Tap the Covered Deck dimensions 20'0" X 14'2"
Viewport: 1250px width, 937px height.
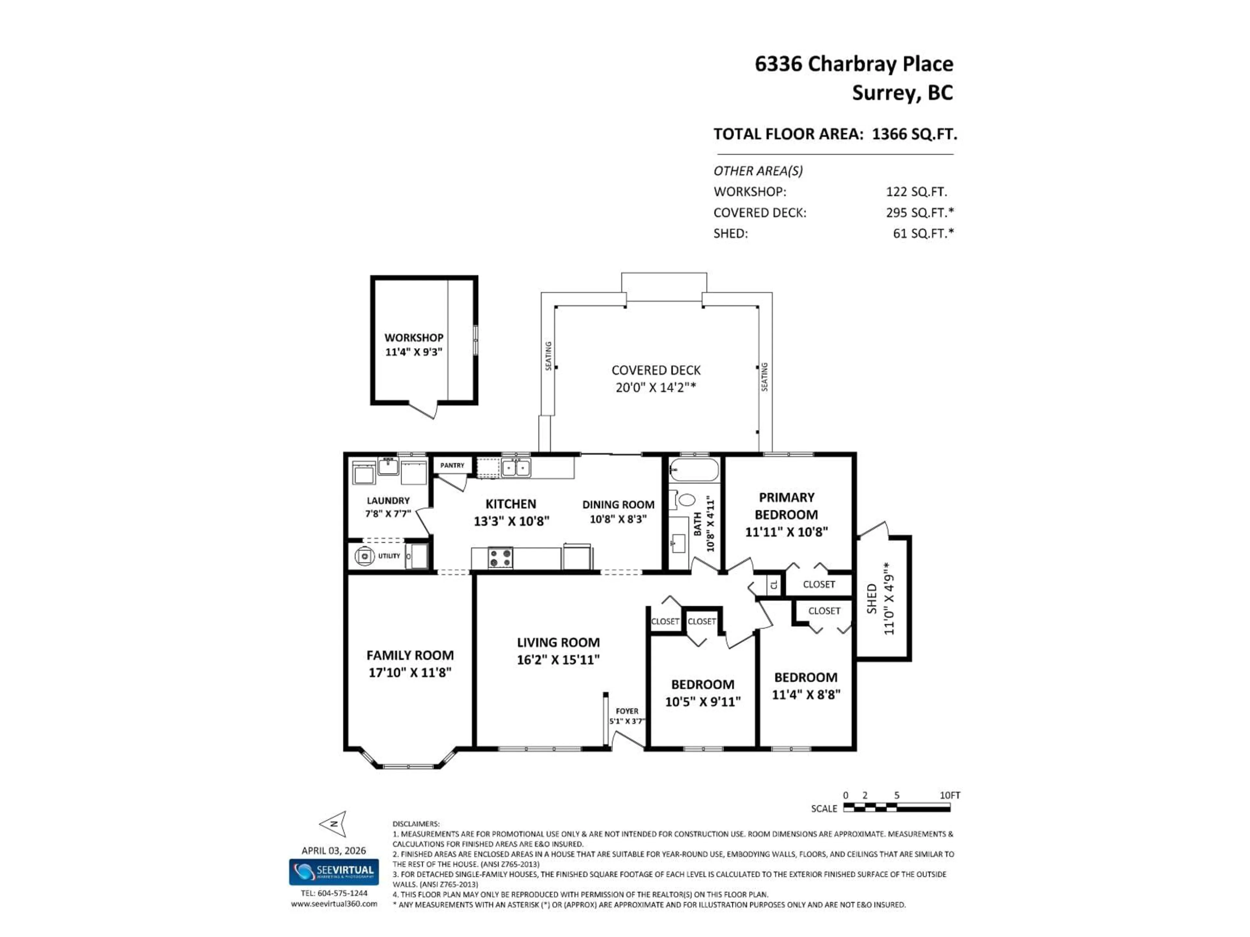[x=656, y=387]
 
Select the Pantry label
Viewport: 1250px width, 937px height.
[x=452, y=465]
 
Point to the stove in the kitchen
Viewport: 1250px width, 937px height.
[x=500, y=557]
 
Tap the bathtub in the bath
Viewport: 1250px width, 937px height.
[x=694, y=470]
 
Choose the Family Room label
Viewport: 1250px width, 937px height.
[x=410, y=655]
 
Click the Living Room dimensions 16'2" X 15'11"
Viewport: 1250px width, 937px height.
[x=558, y=660]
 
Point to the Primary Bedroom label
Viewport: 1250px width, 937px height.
[x=786, y=506]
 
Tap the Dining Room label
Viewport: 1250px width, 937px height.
[x=618, y=504]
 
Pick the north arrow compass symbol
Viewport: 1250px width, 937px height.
[x=333, y=824]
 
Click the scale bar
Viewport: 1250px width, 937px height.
[x=897, y=808]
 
